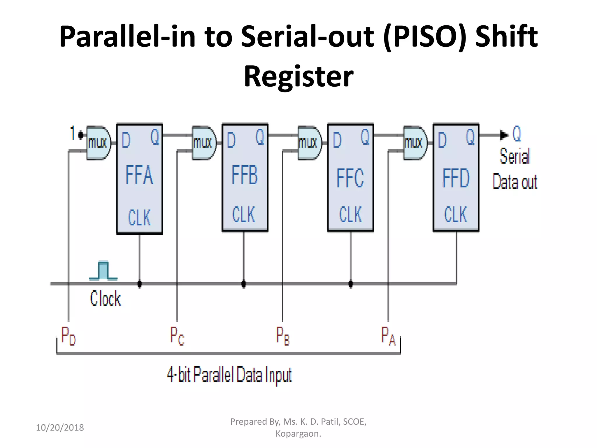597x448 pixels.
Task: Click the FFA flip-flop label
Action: click(139, 175)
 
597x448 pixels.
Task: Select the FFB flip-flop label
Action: click(245, 175)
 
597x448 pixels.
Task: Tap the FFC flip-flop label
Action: click(350, 178)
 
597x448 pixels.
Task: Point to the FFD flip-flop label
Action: click(456, 178)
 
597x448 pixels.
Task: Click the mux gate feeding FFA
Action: click(98, 143)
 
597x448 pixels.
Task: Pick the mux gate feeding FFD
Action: click(415, 143)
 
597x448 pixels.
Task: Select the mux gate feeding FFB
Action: click(204, 143)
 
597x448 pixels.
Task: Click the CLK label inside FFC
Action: click(350, 214)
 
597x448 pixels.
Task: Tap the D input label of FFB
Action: click(231, 140)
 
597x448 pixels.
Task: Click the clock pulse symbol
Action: click(103, 271)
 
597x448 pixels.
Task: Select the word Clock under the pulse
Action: click(105, 298)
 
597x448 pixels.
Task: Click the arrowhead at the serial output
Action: click(503, 135)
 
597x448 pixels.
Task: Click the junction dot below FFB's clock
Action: click(244, 283)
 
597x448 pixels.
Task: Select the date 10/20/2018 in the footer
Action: click(60, 428)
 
